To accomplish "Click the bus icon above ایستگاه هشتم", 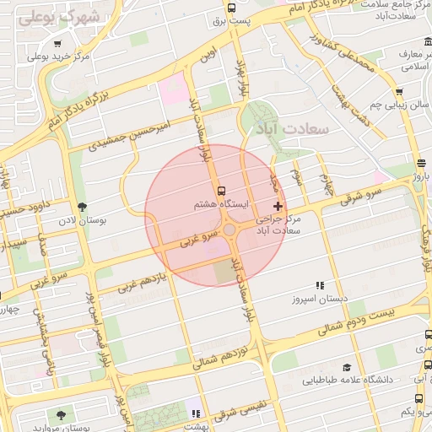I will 221,192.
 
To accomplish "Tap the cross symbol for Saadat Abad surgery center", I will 278,206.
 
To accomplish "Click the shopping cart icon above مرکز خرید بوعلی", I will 57,44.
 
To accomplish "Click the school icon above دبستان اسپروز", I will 319,287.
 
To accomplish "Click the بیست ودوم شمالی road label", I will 354,320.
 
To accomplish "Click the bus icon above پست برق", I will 231,8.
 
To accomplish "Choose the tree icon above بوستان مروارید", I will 62,414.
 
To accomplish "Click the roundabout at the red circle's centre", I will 229,229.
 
